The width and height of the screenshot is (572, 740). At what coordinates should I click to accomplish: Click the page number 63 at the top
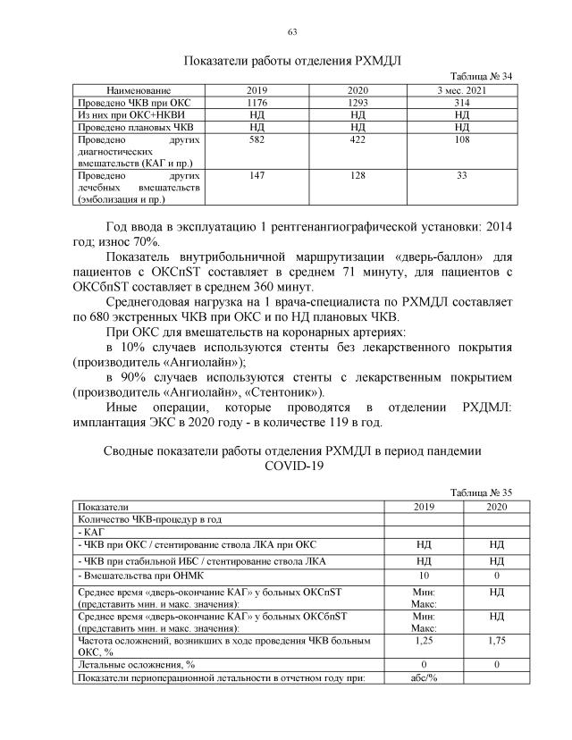coord(291,33)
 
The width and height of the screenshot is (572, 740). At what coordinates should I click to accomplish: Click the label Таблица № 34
coord(482,78)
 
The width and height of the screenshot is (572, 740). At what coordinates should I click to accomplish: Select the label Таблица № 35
coord(482,492)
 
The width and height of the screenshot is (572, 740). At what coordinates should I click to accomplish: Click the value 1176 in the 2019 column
coord(257,104)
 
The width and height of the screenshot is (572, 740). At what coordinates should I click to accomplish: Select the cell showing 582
coord(257,140)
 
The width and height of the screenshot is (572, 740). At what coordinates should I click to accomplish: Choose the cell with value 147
coord(257,177)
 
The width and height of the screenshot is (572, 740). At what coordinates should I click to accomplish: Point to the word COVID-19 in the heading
coord(291,466)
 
